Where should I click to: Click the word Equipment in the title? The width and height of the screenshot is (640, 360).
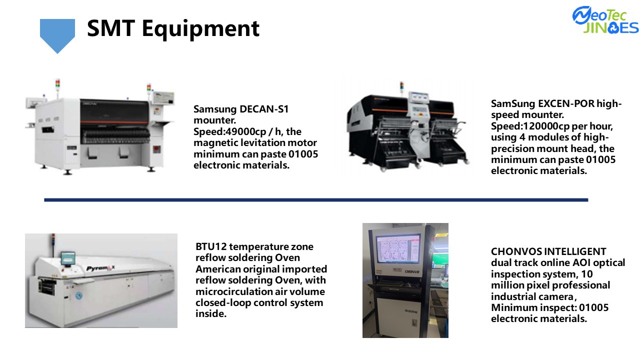pyautogui.click(x=200, y=29)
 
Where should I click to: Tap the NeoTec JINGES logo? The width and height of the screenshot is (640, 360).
pyautogui.click(x=605, y=20)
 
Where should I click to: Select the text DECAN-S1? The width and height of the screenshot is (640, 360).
pyautogui.click(x=264, y=109)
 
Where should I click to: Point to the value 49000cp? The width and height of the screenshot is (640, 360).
pyautogui.click(x=246, y=131)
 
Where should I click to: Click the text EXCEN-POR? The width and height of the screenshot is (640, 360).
pyautogui.click(x=566, y=103)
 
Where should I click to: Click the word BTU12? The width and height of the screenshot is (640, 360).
pyautogui.click(x=211, y=246)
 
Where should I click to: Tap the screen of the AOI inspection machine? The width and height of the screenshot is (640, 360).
pyautogui.click(x=398, y=248)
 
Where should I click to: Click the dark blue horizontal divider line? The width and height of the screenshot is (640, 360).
pyautogui.click(x=316, y=200)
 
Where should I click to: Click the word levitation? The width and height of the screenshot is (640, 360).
pyautogui.click(x=263, y=143)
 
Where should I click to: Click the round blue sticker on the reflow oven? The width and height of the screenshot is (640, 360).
pyautogui.click(x=79, y=295)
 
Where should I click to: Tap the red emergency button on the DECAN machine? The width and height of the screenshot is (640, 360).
pyautogui.click(x=156, y=149)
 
